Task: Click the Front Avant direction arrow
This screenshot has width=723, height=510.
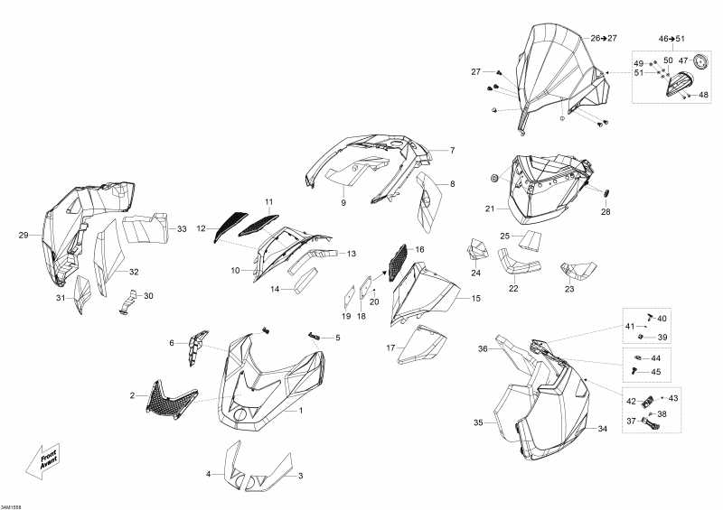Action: (x=42, y=460)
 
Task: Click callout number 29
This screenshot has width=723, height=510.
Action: (x=23, y=236)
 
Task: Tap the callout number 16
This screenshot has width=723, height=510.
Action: (x=419, y=250)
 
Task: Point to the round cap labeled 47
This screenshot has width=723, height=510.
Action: (x=701, y=60)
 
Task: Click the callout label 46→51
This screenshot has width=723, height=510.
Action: (x=671, y=39)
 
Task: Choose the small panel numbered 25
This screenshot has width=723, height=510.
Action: (x=530, y=240)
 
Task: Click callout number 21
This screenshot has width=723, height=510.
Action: (x=490, y=209)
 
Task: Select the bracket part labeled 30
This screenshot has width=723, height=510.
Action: (x=128, y=302)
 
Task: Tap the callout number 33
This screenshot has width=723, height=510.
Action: (x=183, y=229)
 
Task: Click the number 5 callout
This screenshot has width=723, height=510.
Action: (x=337, y=338)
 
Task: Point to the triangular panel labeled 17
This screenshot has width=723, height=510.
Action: (x=422, y=345)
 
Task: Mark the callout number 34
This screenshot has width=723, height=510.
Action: (x=603, y=430)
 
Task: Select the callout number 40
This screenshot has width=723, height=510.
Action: (x=662, y=319)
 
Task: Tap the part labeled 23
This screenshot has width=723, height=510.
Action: (x=578, y=271)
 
